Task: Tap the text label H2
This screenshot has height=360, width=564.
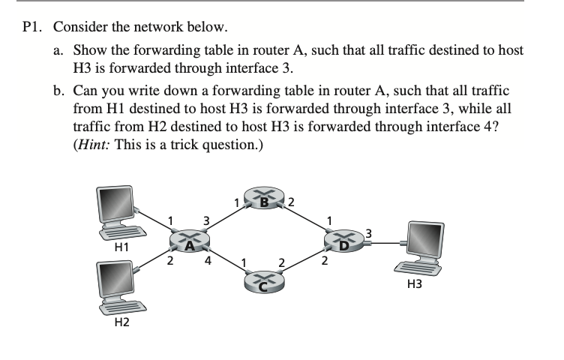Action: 118,323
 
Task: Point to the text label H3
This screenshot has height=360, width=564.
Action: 415,285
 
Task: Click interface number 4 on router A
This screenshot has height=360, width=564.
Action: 207,262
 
